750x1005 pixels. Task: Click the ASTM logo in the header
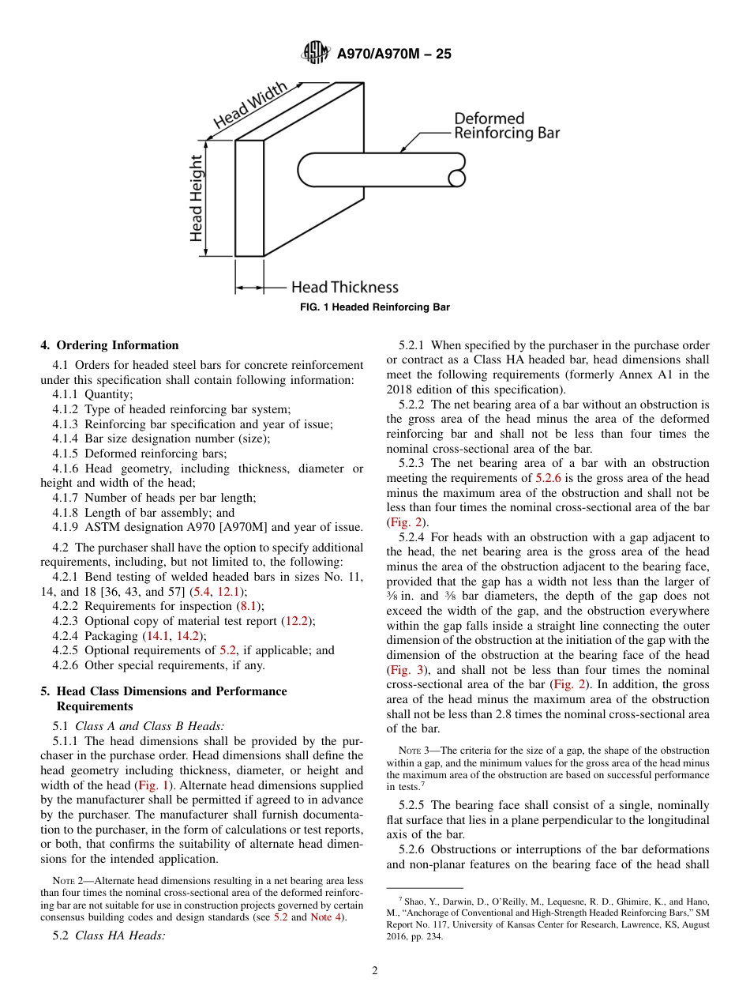[317, 54]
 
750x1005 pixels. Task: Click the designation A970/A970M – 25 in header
[394, 55]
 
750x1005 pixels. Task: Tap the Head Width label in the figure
[251, 107]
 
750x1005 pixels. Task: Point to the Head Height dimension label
[196, 198]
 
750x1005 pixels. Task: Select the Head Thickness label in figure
[344, 288]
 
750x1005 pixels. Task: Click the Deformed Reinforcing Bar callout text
[506, 126]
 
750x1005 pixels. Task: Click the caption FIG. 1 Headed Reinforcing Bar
[375, 307]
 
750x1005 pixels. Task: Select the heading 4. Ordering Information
[110, 345]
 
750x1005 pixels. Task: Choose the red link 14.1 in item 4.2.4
[158, 636]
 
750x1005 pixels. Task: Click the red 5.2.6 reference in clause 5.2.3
[548, 478]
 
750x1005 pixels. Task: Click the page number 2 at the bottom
[375, 971]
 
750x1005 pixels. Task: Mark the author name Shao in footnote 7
[416, 901]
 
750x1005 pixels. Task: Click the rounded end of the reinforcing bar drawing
[306, 169]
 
